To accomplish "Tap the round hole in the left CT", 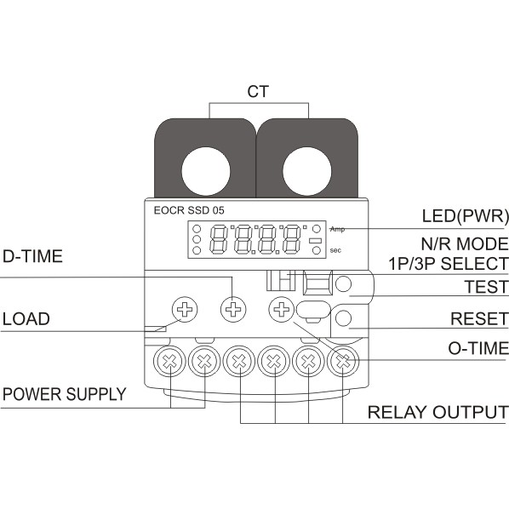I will [x=203, y=169].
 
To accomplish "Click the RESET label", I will [x=478, y=319].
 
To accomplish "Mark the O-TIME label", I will [x=478, y=347].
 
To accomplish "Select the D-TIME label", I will [x=32, y=257].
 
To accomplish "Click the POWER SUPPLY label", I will [x=64, y=394].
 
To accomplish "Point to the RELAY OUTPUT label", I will [x=438, y=413].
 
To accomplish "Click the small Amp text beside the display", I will [x=338, y=230].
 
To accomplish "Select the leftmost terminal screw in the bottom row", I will [x=170, y=363].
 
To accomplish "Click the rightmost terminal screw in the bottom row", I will [x=342, y=363].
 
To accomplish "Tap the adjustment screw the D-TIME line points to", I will [x=232, y=309].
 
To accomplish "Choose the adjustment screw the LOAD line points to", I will [x=184, y=309].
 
